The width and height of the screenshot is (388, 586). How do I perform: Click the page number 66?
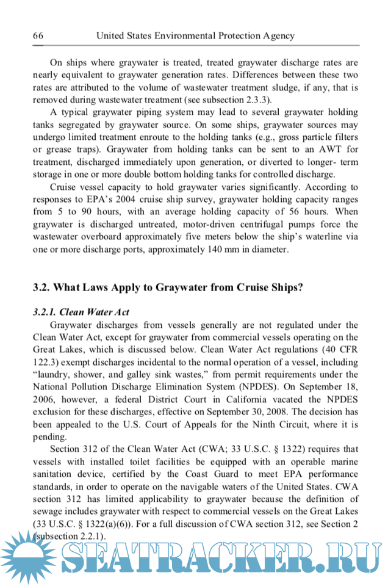(x=37, y=36)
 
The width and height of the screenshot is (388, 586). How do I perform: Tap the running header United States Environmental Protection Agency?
(x=195, y=36)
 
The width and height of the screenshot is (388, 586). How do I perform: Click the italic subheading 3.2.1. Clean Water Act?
(x=81, y=312)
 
